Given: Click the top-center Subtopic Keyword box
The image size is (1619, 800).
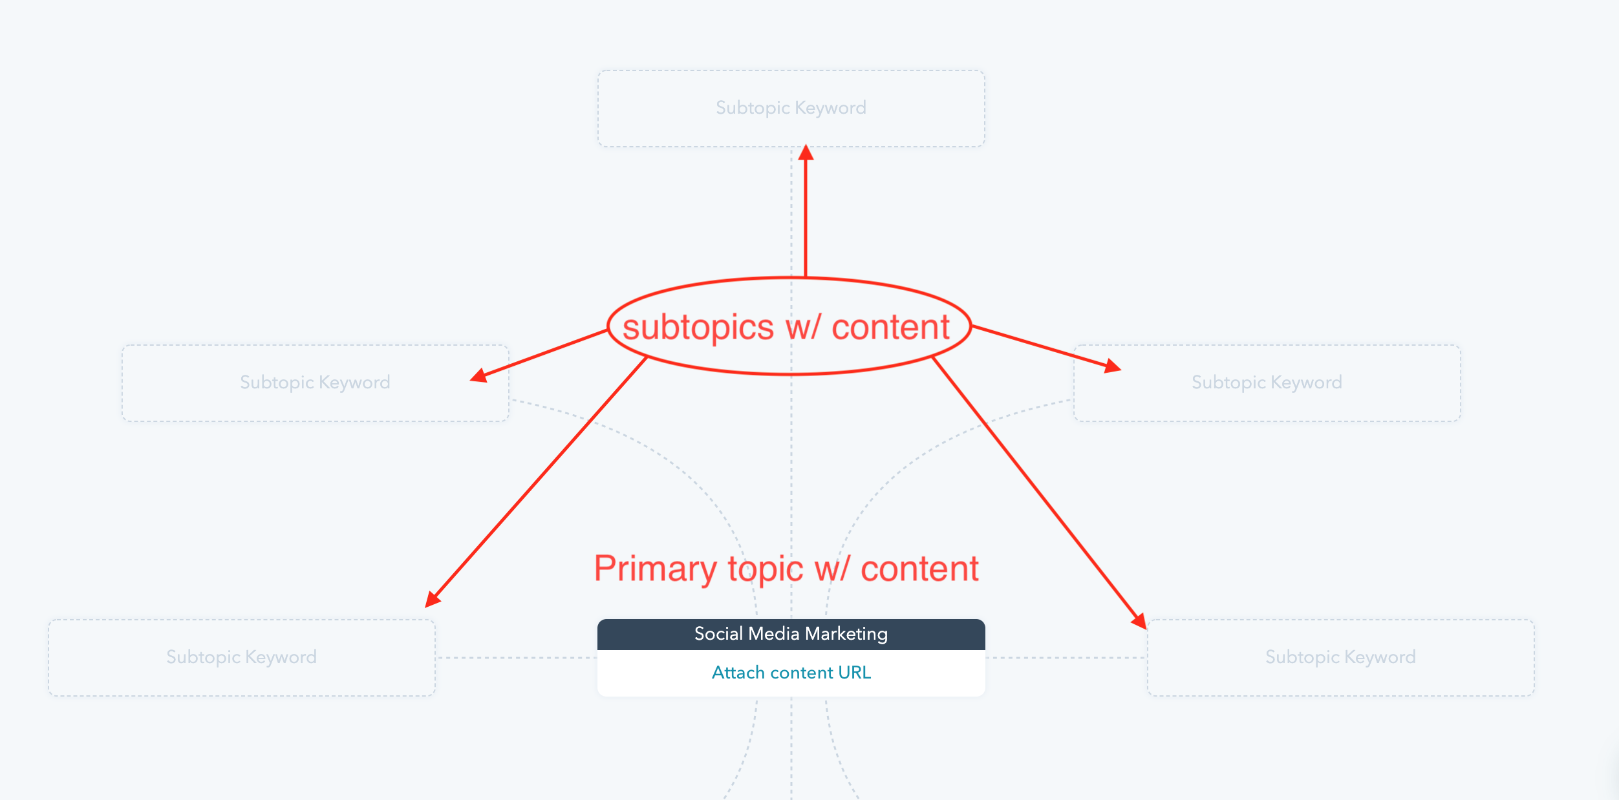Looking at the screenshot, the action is click(x=791, y=109).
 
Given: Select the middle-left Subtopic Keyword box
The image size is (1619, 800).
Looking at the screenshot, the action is click(x=316, y=383).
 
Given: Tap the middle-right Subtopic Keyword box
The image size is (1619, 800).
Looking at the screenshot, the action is click(x=1267, y=383).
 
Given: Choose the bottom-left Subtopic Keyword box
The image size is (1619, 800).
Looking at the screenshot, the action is click(x=242, y=658).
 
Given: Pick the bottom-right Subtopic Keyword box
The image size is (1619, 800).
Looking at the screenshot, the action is click(x=1341, y=658).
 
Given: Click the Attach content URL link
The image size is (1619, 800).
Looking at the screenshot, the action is click(x=791, y=673).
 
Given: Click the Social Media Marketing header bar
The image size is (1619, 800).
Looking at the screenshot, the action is click(x=791, y=635).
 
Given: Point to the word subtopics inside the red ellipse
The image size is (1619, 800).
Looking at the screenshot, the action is click(x=698, y=328).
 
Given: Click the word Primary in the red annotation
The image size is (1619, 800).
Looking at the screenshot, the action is click(x=656, y=569).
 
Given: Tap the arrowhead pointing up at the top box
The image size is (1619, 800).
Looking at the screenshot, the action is click(x=806, y=153).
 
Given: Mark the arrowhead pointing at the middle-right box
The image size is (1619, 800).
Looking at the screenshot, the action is click(x=1112, y=366).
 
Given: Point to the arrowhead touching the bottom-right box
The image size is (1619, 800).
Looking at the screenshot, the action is click(x=1139, y=621).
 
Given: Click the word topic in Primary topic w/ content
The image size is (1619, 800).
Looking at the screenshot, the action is click(x=766, y=570).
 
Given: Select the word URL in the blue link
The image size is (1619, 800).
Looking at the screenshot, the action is click(x=855, y=673).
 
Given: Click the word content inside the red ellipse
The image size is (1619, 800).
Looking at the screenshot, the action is click(x=891, y=328).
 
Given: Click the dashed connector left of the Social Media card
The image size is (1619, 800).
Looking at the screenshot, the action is click(x=517, y=658).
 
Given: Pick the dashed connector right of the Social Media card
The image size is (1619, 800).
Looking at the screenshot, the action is click(x=1066, y=658).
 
